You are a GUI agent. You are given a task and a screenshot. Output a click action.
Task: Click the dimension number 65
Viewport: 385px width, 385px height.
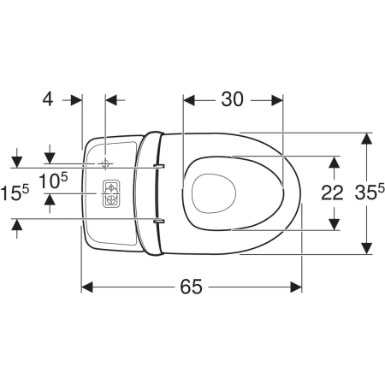[x=191, y=287]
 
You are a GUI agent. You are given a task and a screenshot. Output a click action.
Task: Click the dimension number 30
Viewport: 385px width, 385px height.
[x=233, y=99]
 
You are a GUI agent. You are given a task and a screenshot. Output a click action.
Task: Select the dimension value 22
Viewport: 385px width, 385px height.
[x=332, y=192]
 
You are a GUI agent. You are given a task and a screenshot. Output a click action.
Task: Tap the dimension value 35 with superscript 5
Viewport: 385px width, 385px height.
[x=370, y=192]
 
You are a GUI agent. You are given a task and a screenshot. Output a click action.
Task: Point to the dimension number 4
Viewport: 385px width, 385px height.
[x=48, y=99]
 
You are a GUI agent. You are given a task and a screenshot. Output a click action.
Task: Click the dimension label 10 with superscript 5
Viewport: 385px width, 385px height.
[x=53, y=181]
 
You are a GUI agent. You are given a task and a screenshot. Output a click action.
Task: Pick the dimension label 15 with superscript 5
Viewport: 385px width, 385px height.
[x=15, y=192]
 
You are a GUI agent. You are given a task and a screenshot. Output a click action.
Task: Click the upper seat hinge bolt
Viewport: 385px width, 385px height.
[x=158, y=166]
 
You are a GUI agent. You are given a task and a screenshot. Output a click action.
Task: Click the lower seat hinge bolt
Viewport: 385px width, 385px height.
[x=158, y=221]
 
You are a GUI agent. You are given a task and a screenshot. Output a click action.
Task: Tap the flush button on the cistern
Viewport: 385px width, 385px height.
[x=111, y=193]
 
